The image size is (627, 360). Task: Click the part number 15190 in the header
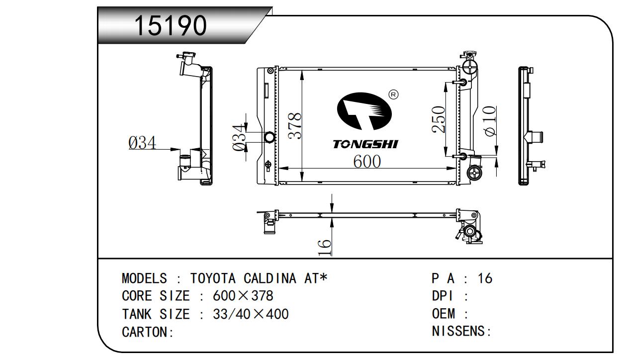click(x=171, y=25)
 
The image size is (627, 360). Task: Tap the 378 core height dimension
click(x=295, y=126)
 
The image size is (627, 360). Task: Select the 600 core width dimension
click(x=367, y=161)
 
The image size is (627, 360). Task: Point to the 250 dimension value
click(x=438, y=119)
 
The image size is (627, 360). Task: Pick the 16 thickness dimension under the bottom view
click(x=325, y=248)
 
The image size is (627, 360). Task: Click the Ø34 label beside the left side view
click(x=142, y=143)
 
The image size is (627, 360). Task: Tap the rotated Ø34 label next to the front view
click(x=239, y=138)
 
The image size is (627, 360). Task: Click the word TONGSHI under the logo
click(x=365, y=144)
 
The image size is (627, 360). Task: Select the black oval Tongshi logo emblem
click(x=364, y=111)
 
